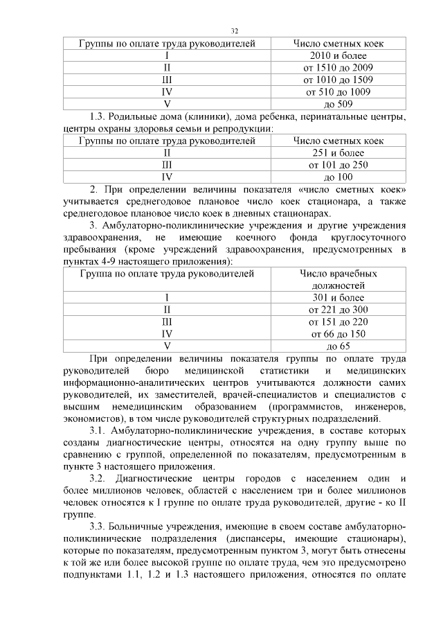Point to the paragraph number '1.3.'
point(101,116)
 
